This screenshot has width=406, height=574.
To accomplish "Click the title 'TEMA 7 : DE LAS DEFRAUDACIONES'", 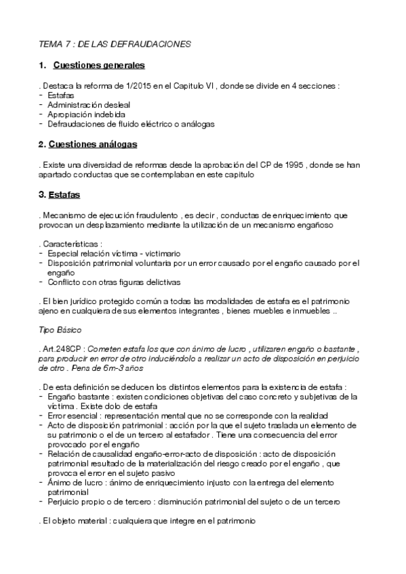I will [115, 43].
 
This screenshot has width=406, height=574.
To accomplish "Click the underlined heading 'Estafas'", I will [64, 195].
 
